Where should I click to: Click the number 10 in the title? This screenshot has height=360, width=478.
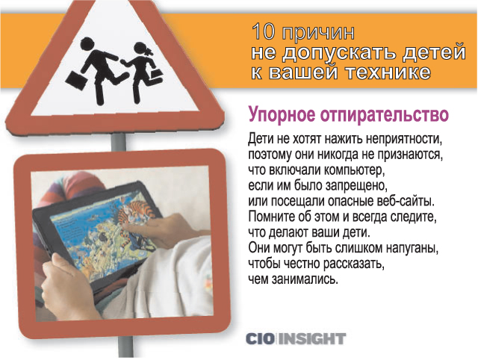263,32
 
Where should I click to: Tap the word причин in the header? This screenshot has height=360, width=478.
319,34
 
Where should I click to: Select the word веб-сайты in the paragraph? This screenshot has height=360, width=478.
405,202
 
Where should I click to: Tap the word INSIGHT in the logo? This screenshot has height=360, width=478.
312,338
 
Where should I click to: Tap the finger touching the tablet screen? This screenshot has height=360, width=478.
134,228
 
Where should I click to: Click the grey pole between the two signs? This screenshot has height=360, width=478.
118,143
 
